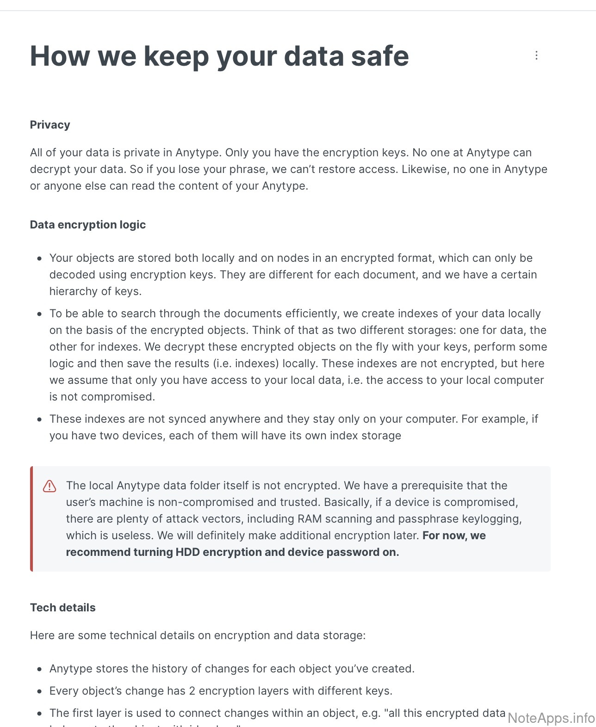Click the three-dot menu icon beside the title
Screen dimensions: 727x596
point(536,55)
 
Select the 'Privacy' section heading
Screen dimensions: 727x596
point(50,125)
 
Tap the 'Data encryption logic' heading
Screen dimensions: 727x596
point(88,225)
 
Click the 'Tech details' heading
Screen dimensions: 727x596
point(63,608)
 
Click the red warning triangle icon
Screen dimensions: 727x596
point(50,486)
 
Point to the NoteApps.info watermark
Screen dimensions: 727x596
point(551,718)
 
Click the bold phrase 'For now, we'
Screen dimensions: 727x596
point(454,536)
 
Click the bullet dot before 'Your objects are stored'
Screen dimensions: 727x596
point(40,259)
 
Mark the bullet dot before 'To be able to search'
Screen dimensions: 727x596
point(40,314)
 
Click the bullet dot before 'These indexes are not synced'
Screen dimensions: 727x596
point(40,419)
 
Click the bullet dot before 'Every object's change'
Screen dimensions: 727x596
point(40,691)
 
